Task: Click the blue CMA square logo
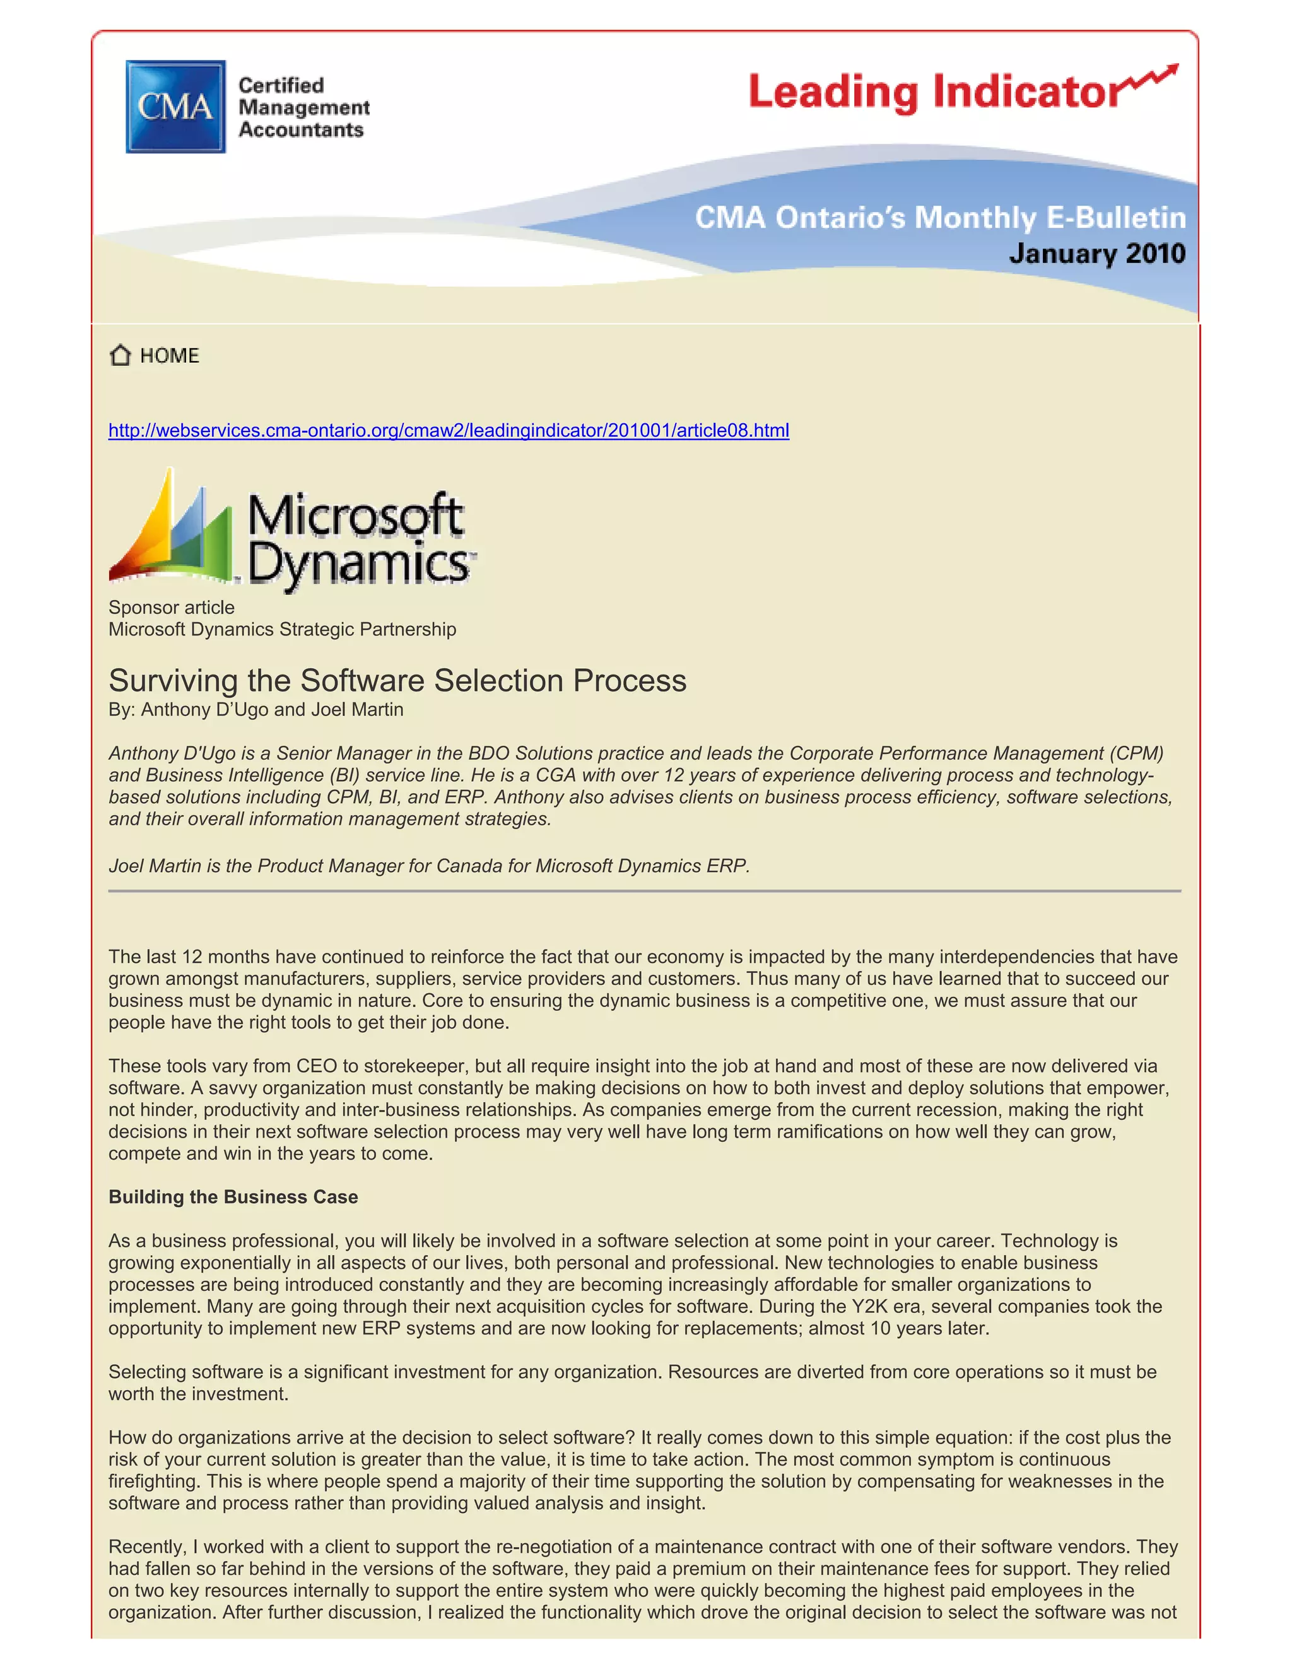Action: (x=175, y=107)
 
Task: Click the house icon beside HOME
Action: (x=120, y=355)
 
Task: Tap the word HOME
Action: (x=169, y=356)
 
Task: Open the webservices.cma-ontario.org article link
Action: (x=449, y=430)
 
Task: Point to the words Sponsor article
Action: (x=172, y=607)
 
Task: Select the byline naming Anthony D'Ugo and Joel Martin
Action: (x=255, y=710)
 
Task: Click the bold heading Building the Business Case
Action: (x=233, y=1196)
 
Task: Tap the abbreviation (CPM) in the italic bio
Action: (x=1136, y=753)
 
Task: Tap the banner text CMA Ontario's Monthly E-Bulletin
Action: (x=940, y=218)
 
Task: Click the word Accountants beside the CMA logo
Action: (x=301, y=130)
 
